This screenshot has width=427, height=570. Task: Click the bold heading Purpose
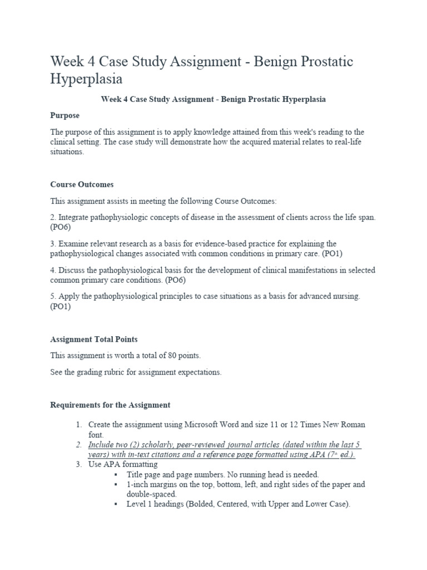click(65, 115)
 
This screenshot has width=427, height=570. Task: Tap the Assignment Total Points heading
click(94, 338)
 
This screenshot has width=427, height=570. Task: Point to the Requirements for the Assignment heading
click(110, 405)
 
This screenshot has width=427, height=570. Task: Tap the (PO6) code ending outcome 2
click(61, 227)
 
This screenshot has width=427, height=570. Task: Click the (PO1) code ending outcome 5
click(61, 307)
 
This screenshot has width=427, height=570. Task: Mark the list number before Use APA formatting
click(79, 464)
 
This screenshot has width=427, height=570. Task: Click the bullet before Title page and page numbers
click(115, 474)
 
